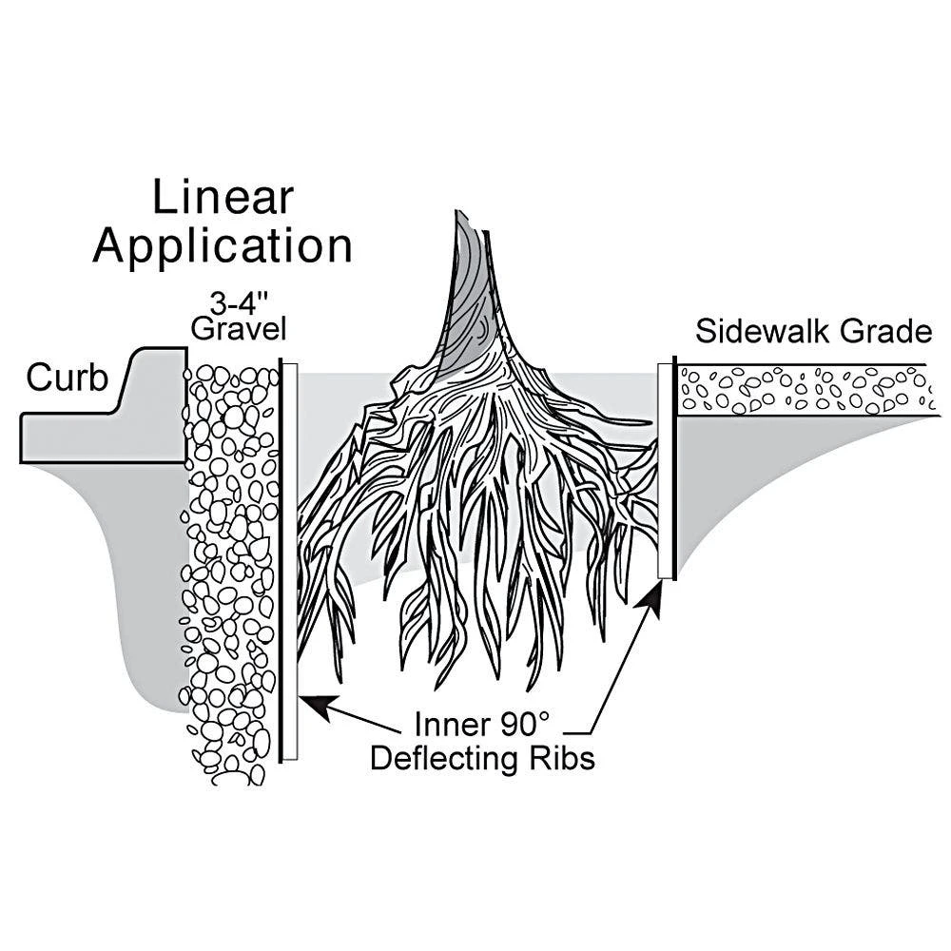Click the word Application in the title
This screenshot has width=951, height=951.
click(x=223, y=245)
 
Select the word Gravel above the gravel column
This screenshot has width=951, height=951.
click(x=239, y=330)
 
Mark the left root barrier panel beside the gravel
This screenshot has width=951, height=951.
click(x=289, y=561)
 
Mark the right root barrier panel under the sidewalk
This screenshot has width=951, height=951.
click(x=667, y=471)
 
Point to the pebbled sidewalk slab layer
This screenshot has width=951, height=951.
click(x=804, y=390)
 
